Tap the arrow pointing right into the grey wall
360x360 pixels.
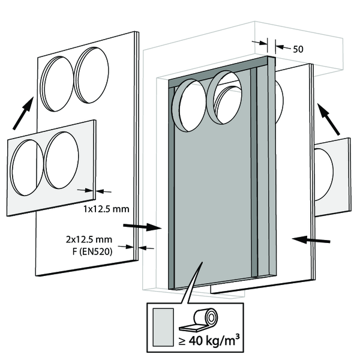[142, 227]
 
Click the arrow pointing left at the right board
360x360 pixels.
[312, 239]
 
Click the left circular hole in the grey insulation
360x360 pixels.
[185, 107]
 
